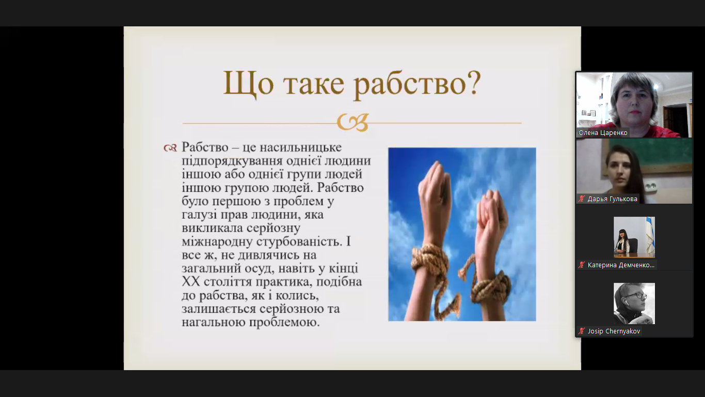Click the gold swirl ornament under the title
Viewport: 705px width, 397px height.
(x=352, y=123)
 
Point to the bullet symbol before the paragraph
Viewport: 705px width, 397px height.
(x=170, y=147)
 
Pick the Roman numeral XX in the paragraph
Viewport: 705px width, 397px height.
(x=191, y=282)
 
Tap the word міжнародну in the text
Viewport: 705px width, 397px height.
(x=217, y=241)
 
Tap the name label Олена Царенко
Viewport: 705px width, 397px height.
(x=603, y=133)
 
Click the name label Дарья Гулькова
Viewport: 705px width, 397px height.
(x=612, y=199)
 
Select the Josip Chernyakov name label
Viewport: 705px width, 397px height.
(x=614, y=331)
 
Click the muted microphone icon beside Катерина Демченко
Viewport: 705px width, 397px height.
(x=581, y=265)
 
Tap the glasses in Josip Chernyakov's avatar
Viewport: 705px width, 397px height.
(x=636, y=296)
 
